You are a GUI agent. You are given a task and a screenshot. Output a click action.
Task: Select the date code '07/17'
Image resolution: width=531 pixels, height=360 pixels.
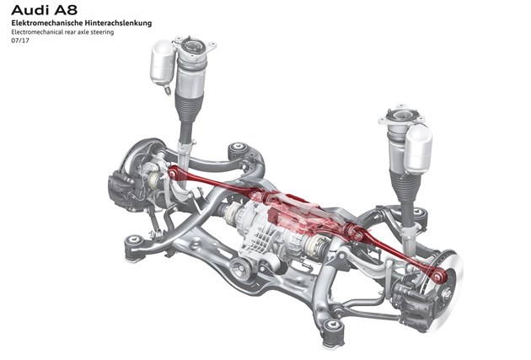(x=19, y=40)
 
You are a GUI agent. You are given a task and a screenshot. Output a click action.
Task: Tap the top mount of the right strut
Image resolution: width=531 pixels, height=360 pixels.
(x=398, y=116)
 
